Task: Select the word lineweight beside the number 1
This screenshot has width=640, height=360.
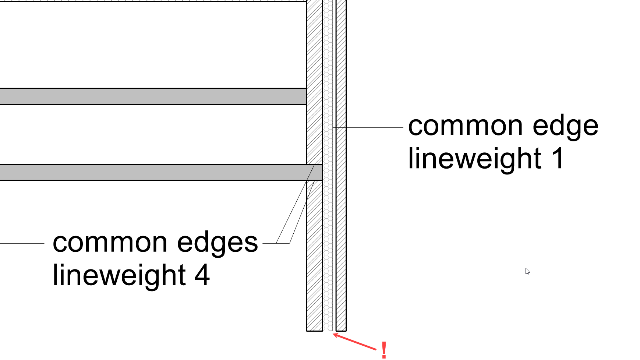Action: pyautogui.click(x=475, y=159)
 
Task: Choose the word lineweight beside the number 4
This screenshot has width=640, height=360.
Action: pyautogui.click(x=119, y=275)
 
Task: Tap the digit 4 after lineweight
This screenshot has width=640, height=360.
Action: pyautogui.click(x=202, y=275)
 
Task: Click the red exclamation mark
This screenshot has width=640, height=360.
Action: pyautogui.click(x=384, y=350)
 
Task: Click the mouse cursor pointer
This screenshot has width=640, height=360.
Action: pyautogui.click(x=527, y=271)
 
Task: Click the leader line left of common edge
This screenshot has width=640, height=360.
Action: pyautogui.click(x=368, y=127)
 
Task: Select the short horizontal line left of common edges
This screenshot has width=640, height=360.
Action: pyautogui.click(x=22, y=243)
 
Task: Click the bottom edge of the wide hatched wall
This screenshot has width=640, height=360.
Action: pyautogui.click(x=314, y=331)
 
